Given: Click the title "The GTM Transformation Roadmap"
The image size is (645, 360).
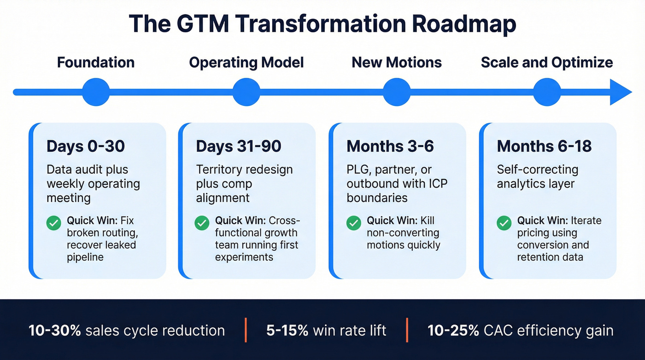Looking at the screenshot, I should (x=322, y=24).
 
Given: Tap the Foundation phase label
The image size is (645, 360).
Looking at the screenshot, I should (x=96, y=63).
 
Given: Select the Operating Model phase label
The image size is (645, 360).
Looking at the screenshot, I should (x=246, y=63).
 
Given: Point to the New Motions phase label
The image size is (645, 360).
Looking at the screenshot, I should (x=397, y=63).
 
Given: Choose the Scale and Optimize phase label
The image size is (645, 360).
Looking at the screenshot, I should (x=547, y=63).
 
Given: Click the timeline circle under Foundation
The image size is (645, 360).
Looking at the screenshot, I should (x=96, y=92).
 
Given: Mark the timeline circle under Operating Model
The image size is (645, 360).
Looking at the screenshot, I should (x=246, y=92).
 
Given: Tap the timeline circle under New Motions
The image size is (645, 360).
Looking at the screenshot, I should (x=397, y=92).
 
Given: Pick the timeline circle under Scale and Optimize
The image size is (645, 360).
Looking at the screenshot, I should (x=547, y=92).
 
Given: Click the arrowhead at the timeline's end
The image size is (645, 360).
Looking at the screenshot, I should (x=621, y=92).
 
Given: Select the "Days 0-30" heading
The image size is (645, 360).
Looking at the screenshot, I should (x=86, y=147).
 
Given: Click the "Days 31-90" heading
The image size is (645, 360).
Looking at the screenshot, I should (x=239, y=147).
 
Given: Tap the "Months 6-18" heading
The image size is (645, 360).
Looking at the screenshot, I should (x=544, y=147).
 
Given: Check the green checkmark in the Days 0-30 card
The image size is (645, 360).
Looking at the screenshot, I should (x=54, y=224).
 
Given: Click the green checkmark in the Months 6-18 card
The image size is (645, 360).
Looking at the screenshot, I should (x=504, y=224).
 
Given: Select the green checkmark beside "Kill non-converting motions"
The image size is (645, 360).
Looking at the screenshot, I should (x=353, y=224).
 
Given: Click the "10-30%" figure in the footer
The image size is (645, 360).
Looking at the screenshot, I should (x=49, y=330).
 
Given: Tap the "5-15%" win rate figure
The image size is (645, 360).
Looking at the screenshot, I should (x=286, y=330).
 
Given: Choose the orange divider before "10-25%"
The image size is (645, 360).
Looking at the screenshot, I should (x=407, y=330).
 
